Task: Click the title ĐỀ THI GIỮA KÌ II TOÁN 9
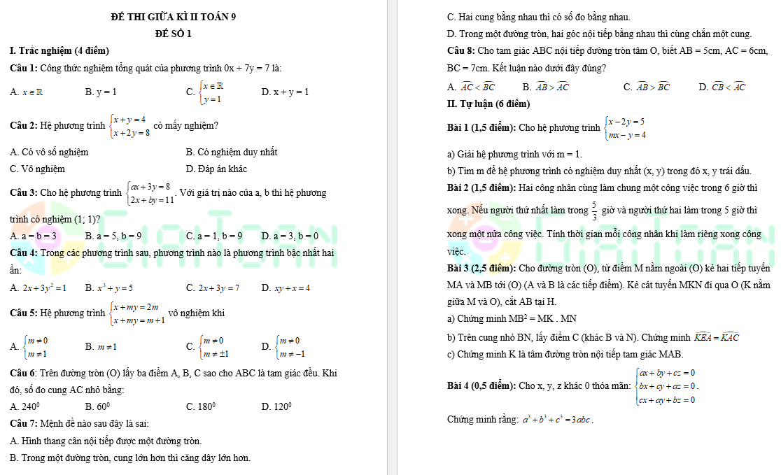click(174, 17)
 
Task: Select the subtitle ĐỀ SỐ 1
click(174, 34)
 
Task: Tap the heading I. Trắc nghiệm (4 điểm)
click(59, 50)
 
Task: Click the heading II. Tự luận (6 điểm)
click(488, 104)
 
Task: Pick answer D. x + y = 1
click(285, 92)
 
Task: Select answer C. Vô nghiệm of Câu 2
click(38, 169)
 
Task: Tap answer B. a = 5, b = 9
click(113, 236)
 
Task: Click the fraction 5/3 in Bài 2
click(594, 210)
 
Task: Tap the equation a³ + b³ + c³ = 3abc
click(558, 420)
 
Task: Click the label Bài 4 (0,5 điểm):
click(481, 385)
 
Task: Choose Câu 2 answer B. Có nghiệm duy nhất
click(232, 152)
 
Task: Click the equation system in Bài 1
click(626, 128)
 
